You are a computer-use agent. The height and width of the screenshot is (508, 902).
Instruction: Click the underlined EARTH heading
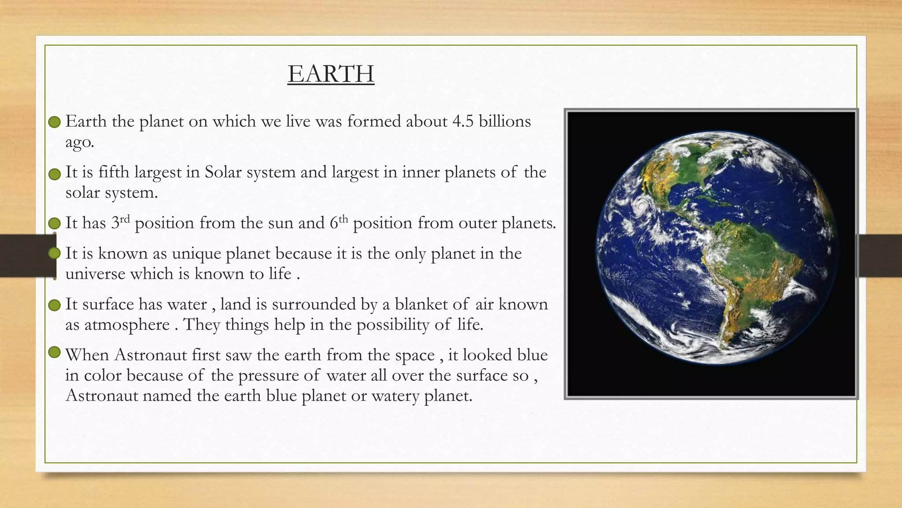tap(331, 74)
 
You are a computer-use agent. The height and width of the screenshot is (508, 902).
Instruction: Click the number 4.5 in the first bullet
tap(463, 121)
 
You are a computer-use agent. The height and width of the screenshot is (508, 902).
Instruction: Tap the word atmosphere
tap(127, 325)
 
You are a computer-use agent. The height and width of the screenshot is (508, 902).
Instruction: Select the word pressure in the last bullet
tap(267, 375)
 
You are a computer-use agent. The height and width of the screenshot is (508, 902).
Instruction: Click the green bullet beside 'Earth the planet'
tap(54, 122)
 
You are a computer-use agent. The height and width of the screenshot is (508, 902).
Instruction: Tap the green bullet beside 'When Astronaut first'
tap(54, 352)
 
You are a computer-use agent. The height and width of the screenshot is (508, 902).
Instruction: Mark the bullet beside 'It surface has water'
tap(54, 305)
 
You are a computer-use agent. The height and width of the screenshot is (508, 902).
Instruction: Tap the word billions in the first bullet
tap(505, 121)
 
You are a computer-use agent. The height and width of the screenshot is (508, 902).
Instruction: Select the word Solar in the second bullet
tap(223, 172)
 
